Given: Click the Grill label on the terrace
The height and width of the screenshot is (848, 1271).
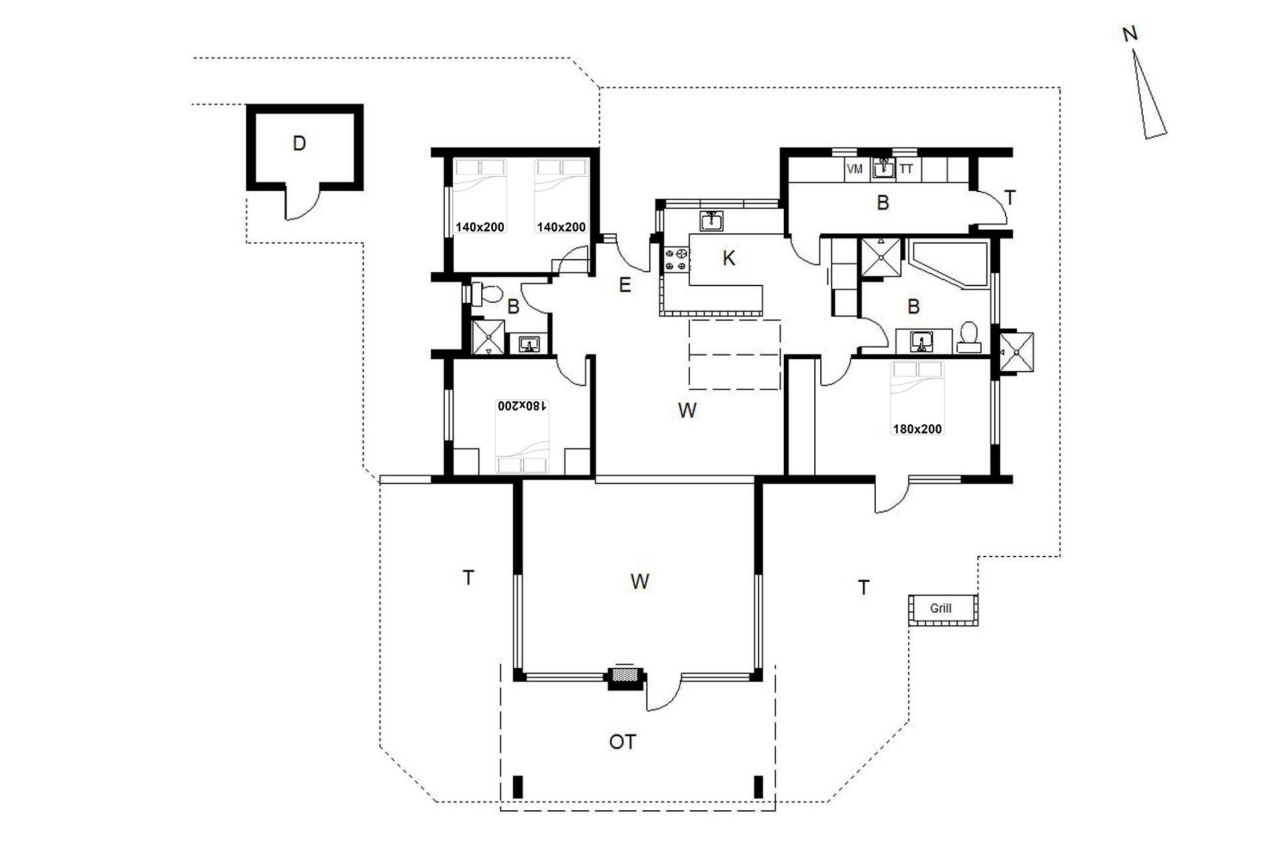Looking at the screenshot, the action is click(x=940, y=608).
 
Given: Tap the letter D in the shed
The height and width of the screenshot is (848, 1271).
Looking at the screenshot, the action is click(x=299, y=143).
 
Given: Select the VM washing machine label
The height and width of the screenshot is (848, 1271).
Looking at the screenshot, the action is click(x=855, y=169).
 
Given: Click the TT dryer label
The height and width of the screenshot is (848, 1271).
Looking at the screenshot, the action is click(x=906, y=169).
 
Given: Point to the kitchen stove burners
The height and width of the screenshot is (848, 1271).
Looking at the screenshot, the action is click(x=676, y=259).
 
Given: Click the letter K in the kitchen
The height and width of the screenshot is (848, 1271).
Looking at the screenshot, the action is click(x=729, y=258).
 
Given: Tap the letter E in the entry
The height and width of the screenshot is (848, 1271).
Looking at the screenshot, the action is click(x=624, y=285).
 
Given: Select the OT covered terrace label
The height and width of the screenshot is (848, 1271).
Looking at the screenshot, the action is click(x=622, y=742).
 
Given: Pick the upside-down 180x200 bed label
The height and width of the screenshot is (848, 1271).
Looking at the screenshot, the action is click(x=523, y=405).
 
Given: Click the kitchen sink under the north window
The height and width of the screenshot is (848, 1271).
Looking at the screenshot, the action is click(x=712, y=221).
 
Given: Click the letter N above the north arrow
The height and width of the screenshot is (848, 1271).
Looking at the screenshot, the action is click(x=1130, y=34).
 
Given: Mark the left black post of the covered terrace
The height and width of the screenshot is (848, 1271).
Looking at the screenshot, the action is click(x=518, y=786).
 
